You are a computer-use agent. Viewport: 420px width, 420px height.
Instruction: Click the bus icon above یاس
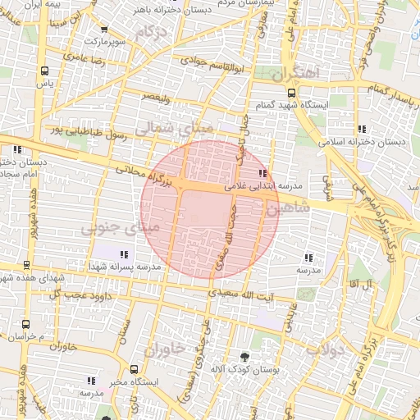click(x=43, y=71)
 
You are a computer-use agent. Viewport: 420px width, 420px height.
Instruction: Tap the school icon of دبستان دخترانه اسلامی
click(x=362, y=129)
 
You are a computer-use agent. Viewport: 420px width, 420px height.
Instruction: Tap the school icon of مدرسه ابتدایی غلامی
click(x=262, y=173)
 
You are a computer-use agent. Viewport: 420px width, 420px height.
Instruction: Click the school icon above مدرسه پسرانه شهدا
click(x=124, y=254)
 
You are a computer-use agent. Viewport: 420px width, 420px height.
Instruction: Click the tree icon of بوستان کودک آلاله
click(x=244, y=357)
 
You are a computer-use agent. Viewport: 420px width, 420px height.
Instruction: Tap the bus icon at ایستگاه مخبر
click(x=134, y=369)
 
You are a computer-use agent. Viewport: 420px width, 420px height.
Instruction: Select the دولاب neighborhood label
click(x=323, y=348)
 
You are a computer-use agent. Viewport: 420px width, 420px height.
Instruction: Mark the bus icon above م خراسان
click(x=25, y=324)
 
